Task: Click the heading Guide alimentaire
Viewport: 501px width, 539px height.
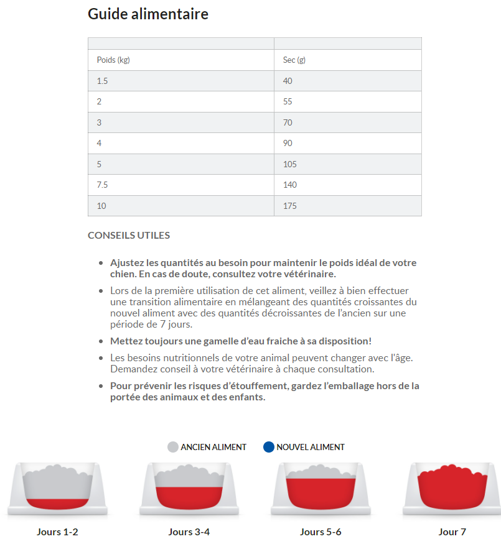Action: pyautogui.click(x=148, y=14)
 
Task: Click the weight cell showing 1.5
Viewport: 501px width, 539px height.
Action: pyautogui.click(x=103, y=81)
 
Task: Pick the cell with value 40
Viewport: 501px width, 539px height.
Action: pyautogui.click(x=288, y=81)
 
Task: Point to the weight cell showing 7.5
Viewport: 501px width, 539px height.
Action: pyautogui.click(x=103, y=185)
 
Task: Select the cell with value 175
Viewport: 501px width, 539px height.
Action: pyautogui.click(x=290, y=206)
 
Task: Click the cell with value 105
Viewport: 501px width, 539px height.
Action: pyautogui.click(x=290, y=164)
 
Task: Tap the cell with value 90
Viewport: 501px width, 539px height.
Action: pyautogui.click(x=288, y=143)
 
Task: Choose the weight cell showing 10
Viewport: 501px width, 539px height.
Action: pyautogui.click(x=101, y=206)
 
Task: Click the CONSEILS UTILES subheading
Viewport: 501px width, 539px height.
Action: pyautogui.click(x=129, y=236)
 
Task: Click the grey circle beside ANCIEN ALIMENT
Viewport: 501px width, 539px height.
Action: pyautogui.click(x=173, y=447)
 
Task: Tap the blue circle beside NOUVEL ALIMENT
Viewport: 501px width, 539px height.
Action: pyautogui.click(x=269, y=447)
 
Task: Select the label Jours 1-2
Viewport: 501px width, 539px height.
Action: pyautogui.click(x=57, y=532)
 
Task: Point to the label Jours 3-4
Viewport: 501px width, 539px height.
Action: pyautogui.click(x=189, y=532)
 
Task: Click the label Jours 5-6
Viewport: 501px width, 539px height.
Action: pyautogui.click(x=321, y=532)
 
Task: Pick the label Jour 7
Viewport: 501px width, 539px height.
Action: pyautogui.click(x=452, y=532)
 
